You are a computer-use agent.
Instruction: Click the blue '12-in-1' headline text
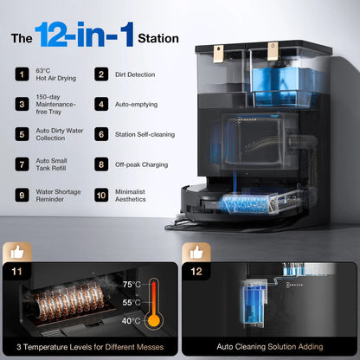(84, 35)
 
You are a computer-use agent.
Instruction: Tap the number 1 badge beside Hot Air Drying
(22, 74)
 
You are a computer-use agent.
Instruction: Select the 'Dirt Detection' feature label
(135, 74)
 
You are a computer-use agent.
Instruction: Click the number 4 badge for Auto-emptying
(101, 104)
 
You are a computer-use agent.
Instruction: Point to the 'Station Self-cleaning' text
(145, 134)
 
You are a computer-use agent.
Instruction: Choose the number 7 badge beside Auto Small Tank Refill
(22, 164)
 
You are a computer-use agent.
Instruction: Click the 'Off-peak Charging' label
(141, 164)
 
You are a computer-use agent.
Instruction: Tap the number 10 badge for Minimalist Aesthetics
(101, 196)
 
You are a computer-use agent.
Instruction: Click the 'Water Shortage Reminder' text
(58, 196)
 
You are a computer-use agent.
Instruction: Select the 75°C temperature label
(132, 285)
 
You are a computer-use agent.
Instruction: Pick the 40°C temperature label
(132, 321)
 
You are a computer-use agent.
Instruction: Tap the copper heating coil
(69, 301)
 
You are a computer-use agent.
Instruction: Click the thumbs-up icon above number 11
(17, 253)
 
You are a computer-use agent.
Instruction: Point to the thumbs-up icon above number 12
(196, 253)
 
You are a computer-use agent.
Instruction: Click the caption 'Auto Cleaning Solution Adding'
(270, 346)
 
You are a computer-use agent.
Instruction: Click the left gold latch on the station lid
(219, 54)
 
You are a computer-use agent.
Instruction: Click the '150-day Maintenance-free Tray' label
(55, 104)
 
